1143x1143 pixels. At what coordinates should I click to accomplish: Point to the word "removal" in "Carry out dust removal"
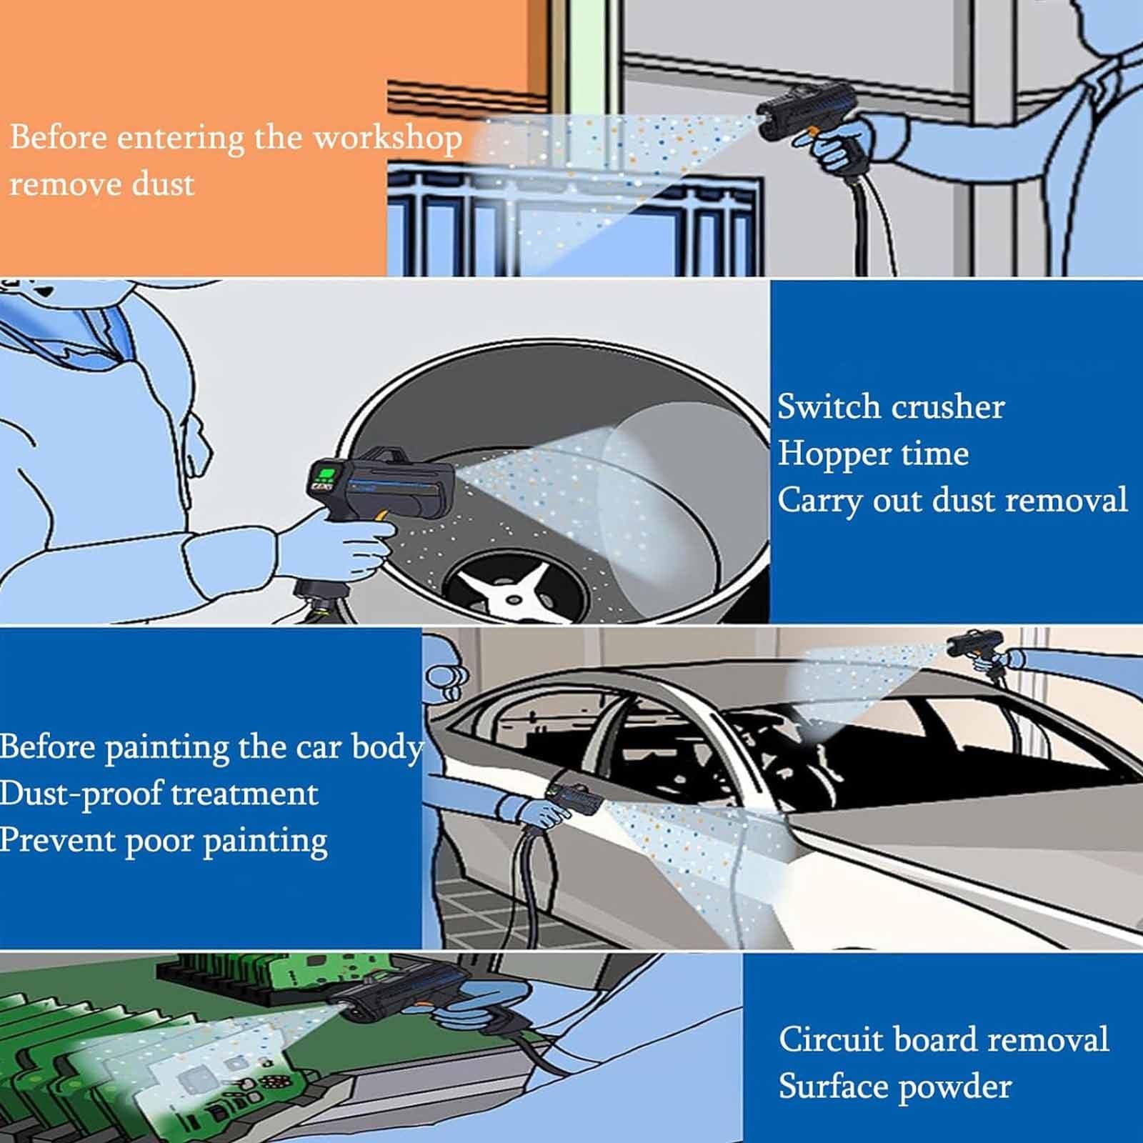1066,499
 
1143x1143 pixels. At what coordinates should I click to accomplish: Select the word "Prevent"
57,840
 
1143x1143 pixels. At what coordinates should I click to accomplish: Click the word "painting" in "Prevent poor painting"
265,842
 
